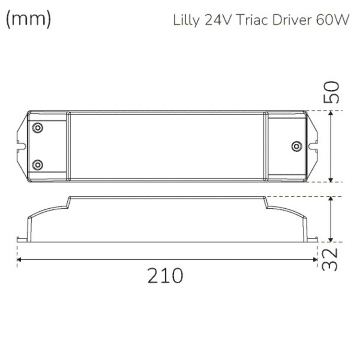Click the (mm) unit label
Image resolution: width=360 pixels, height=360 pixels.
tap(28, 20)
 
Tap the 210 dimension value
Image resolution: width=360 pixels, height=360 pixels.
tap(165, 276)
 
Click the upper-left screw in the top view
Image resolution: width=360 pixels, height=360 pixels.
tap(37, 128)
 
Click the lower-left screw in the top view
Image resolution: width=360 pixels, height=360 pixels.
tap(37, 165)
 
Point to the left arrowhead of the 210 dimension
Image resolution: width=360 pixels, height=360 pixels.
tap(19, 260)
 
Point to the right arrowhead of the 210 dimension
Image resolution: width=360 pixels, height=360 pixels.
tap(315, 260)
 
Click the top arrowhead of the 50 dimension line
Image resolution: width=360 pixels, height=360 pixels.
tap(331, 113)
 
